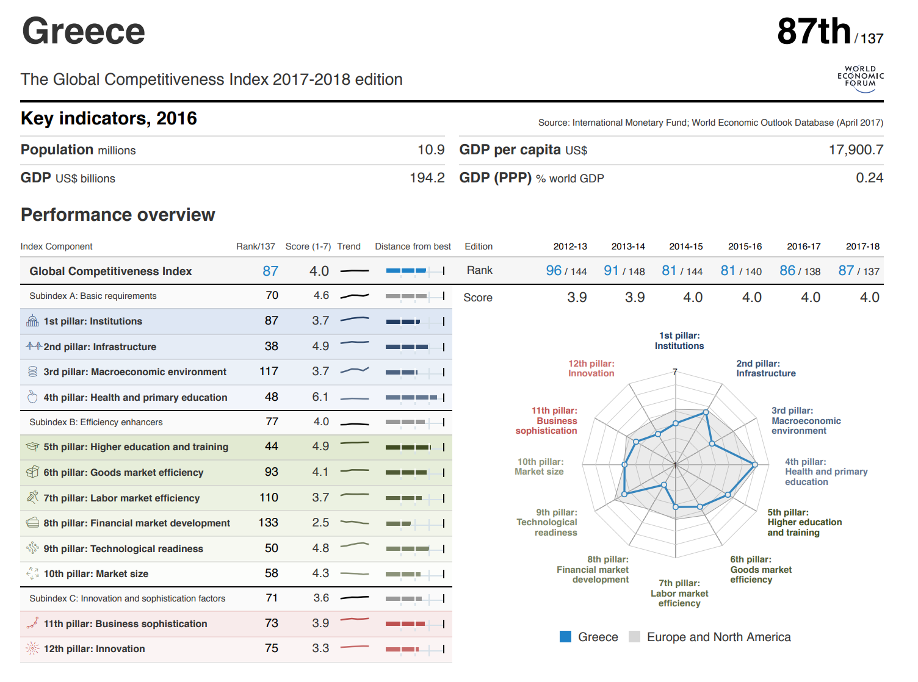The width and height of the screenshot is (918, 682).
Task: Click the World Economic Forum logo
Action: tap(861, 79)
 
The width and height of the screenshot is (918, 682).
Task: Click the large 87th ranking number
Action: tap(814, 32)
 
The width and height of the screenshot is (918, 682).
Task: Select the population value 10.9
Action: tap(431, 150)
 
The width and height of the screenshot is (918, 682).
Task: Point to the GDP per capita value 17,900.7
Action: tap(856, 150)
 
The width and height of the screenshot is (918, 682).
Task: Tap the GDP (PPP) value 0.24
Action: tap(869, 178)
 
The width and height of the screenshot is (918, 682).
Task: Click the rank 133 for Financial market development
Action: tap(268, 523)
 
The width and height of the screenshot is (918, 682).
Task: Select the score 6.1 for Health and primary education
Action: tap(320, 397)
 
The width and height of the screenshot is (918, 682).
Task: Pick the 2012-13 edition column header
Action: tap(570, 246)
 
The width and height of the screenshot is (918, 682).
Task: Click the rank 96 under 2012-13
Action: tap(554, 271)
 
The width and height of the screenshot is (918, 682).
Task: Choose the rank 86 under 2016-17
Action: tap(787, 271)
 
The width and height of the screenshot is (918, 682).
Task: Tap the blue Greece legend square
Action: tap(566, 637)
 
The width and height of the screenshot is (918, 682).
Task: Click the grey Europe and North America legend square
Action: tap(635, 637)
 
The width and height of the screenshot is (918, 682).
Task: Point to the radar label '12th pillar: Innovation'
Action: tap(591, 368)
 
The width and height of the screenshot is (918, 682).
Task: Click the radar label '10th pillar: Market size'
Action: tap(540, 467)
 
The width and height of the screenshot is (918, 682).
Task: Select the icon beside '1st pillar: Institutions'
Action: tap(32, 321)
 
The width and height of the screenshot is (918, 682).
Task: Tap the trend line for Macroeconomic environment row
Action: tap(355, 371)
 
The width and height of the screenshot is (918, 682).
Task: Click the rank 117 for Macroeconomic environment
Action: tap(269, 372)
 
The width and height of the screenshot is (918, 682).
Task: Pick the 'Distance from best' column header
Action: tap(413, 246)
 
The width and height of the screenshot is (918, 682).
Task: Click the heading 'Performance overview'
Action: tap(118, 215)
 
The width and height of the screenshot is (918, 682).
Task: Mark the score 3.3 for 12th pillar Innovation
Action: tap(320, 648)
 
